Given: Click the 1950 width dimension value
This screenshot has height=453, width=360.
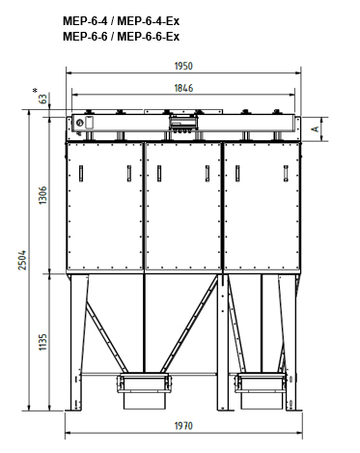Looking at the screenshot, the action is (x=183, y=66).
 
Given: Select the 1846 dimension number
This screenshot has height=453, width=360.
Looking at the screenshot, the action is (x=183, y=88).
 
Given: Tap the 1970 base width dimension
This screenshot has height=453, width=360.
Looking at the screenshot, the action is (x=183, y=426).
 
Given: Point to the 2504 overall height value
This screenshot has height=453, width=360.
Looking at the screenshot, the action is (x=22, y=260).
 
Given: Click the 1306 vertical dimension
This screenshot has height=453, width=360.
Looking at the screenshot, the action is (x=42, y=195).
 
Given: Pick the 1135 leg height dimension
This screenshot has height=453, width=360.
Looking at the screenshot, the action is (x=42, y=342).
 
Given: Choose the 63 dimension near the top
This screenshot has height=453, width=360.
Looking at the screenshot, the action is (x=42, y=99).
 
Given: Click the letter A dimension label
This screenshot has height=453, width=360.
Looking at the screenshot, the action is (x=316, y=128).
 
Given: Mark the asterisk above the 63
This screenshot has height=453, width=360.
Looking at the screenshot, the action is (x=35, y=91).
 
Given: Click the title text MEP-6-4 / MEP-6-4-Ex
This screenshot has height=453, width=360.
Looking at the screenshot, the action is (x=121, y=21).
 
